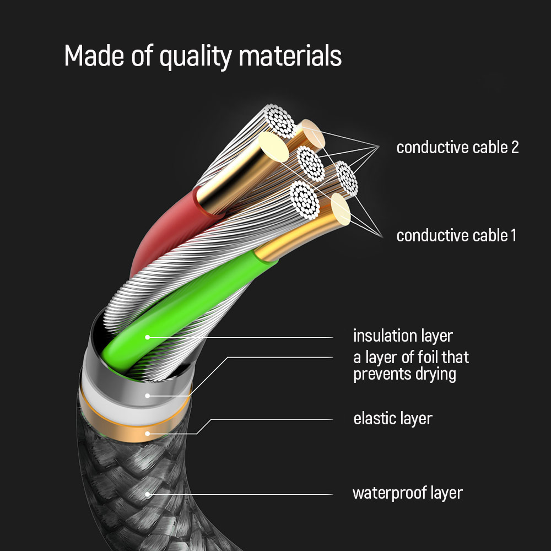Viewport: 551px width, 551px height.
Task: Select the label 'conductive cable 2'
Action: pos(457,148)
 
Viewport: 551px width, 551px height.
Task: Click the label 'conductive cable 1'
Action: pos(456,236)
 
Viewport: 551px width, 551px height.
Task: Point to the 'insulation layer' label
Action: pos(403,336)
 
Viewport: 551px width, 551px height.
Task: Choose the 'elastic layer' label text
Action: pos(392,418)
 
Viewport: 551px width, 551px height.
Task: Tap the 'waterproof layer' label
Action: pos(407,493)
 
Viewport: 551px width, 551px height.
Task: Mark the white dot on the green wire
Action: pos(148,337)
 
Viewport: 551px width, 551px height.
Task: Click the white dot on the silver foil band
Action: pos(148,395)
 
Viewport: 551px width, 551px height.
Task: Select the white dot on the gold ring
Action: pos(148,434)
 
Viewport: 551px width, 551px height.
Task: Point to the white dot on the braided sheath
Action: pos(148,494)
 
